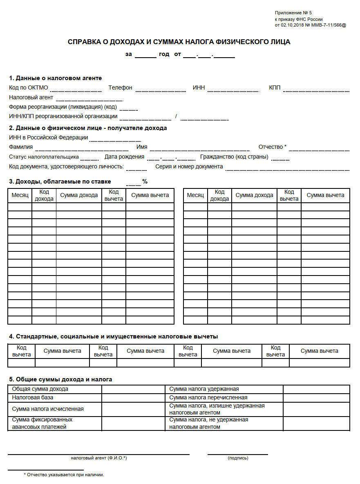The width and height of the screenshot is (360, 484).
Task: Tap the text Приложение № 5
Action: (293, 13)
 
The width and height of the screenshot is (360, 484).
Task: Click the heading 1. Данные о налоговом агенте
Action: (55, 78)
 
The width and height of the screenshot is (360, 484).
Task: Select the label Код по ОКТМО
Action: (29, 87)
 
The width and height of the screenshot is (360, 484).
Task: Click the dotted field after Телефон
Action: (161, 90)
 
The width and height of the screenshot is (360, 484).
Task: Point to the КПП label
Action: (275, 87)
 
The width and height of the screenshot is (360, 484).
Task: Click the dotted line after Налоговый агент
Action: (89, 99)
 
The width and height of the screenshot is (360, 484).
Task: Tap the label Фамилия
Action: (21, 147)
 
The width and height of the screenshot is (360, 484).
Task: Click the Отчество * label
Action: (272, 147)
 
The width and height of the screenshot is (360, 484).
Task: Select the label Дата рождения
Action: (124, 157)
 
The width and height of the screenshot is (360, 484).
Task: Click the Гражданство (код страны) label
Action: (234, 157)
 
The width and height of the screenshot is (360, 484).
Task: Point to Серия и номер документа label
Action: (189, 167)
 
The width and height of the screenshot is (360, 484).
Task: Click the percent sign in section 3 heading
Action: (145, 181)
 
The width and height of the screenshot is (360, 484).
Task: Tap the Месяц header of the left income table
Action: (20, 195)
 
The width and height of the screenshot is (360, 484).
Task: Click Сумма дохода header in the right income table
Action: (254, 195)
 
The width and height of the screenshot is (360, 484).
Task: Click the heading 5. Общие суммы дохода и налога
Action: (60, 379)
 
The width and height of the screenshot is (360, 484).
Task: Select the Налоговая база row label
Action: (33, 397)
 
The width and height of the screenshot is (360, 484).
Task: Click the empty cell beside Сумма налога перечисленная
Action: (316, 398)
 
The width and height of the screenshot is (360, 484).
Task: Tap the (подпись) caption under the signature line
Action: (238, 458)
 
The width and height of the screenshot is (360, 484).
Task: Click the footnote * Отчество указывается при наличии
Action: (64, 475)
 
